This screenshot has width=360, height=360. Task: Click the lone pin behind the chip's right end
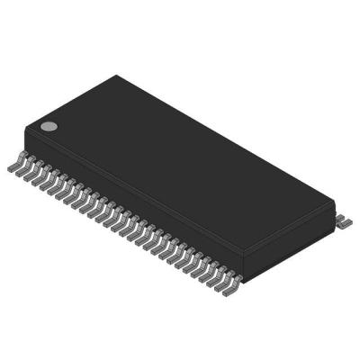tap(345, 220)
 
